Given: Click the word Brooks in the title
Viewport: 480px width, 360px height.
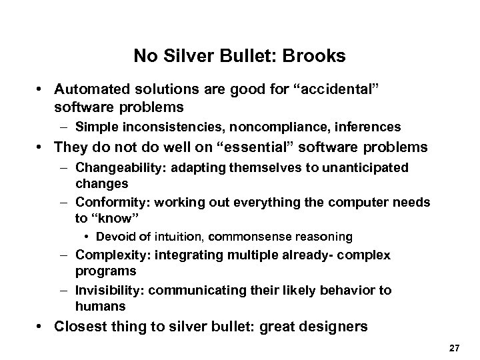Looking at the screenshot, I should (x=317, y=56).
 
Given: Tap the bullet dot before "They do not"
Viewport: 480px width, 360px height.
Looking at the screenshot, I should (x=42, y=147).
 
